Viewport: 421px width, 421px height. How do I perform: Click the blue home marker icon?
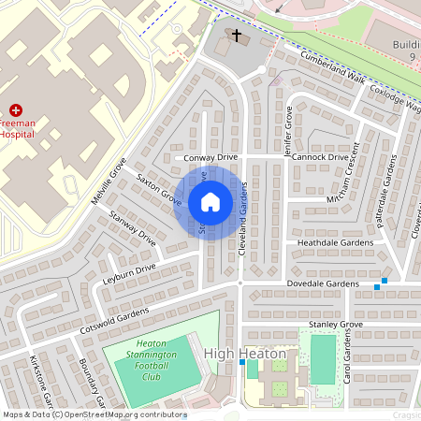(210, 201)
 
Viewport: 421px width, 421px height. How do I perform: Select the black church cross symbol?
(237, 36)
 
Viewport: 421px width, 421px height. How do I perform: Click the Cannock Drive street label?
(319, 157)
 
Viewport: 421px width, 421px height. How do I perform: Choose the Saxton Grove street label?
(159, 188)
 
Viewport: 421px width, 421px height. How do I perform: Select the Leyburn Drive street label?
(131, 272)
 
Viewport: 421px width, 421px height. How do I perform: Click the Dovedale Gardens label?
(323, 283)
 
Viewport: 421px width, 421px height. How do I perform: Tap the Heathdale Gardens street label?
(335, 242)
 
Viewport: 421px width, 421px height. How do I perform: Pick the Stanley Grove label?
(335, 325)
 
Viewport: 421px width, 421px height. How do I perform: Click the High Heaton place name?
(238, 353)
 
